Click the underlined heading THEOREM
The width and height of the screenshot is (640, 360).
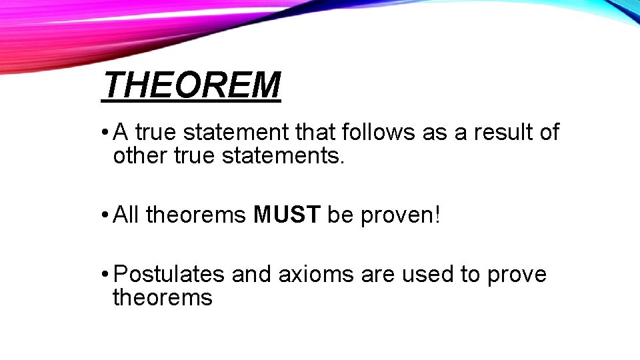point(192,85)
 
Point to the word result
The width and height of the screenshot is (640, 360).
point(504,133)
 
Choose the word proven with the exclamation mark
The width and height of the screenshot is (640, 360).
point(401,215)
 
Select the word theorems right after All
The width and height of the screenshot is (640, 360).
point(197,215)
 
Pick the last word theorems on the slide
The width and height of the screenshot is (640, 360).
point(163,297)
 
